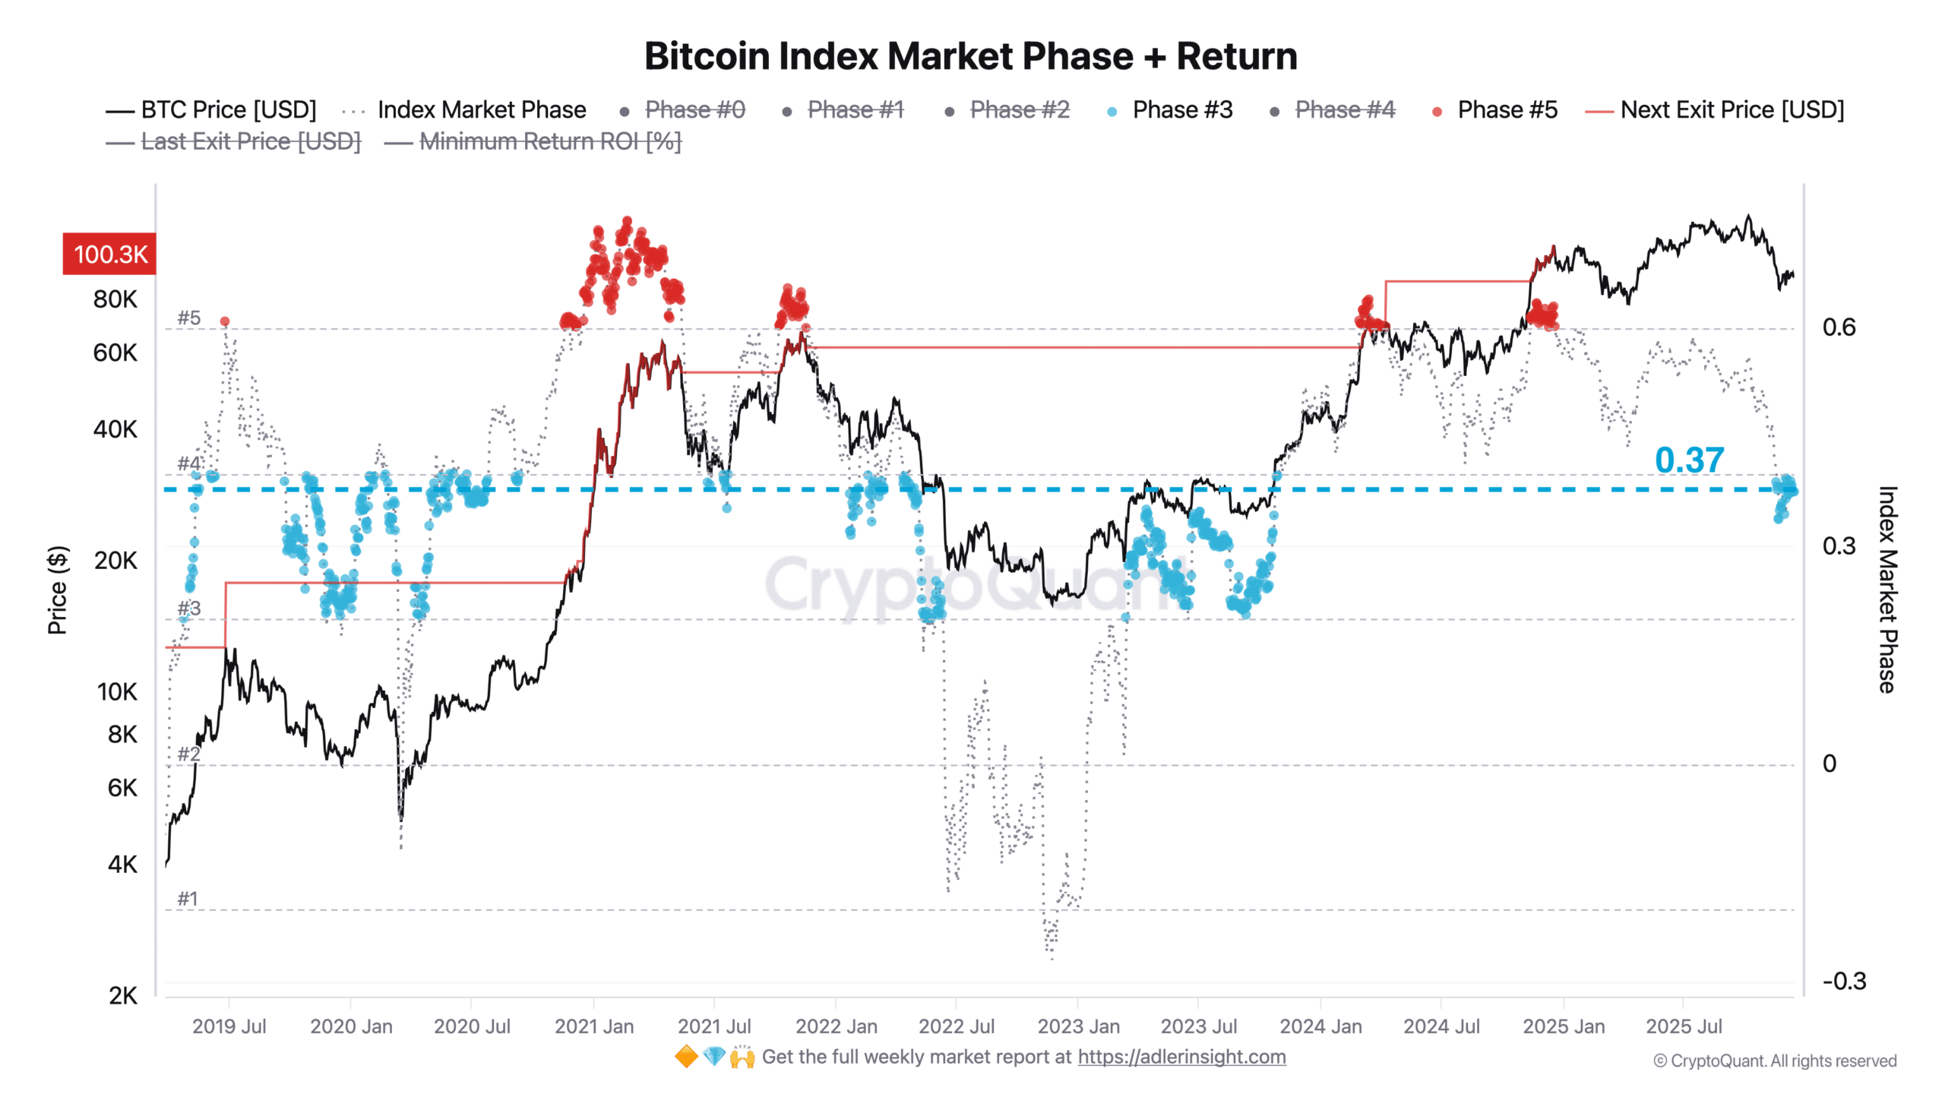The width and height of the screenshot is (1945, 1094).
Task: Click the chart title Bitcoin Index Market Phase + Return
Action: coord(971,56)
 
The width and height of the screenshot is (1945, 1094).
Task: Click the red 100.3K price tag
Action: coord(109,254)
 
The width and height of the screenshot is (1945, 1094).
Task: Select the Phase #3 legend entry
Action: coord(1181,110)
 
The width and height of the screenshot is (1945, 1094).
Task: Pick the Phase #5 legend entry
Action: coord(1507,110)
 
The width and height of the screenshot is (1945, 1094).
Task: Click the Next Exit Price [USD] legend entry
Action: coord(1732,110)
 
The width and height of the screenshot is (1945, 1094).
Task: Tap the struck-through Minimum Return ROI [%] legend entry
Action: coord(549,141)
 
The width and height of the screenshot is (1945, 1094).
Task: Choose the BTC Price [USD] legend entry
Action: coord(228,110)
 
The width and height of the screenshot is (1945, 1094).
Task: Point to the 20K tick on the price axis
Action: coord(115,561)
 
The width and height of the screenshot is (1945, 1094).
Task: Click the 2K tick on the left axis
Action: coord(122,996)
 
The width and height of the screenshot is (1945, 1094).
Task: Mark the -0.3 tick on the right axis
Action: coord(1844,981)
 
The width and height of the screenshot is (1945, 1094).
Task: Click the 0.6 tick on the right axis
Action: coord(1839,327)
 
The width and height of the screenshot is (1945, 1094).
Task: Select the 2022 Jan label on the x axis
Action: coord(836,1026)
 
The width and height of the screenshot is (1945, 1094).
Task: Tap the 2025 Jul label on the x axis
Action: coord(1684,1026)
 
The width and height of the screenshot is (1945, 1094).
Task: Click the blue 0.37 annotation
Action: coord(1689,460)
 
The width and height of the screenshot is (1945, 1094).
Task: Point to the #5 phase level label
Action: coord(188,318)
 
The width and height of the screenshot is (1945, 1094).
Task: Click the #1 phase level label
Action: coord(187,899)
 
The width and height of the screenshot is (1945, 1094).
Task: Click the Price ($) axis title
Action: coord(58,590)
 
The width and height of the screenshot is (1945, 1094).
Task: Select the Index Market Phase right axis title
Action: coord(1888,590)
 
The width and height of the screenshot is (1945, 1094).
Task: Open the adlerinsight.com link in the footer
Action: coord(1181,1057)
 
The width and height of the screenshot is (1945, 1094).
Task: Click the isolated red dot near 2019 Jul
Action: coord(224,321)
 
